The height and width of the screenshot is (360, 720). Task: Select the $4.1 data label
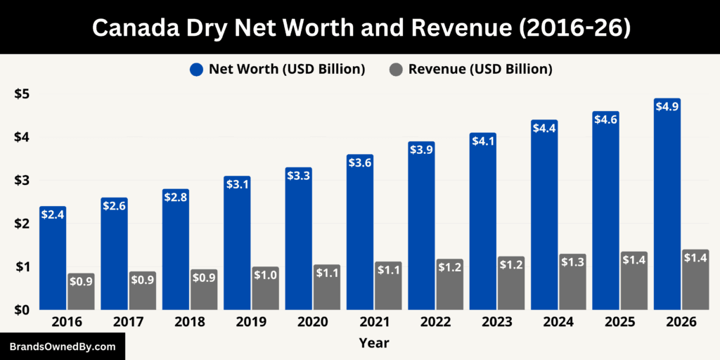point(483,141)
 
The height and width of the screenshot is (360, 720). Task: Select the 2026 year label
point(681,322)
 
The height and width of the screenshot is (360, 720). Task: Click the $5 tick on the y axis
point(22,94)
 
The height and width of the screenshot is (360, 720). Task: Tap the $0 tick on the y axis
point(22,309)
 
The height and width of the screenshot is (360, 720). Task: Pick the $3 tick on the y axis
point(22,180)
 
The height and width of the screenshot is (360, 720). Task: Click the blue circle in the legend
point(196,69)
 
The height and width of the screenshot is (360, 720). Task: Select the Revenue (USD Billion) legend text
point(480,69)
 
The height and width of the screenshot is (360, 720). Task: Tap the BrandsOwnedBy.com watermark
point(63,347)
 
